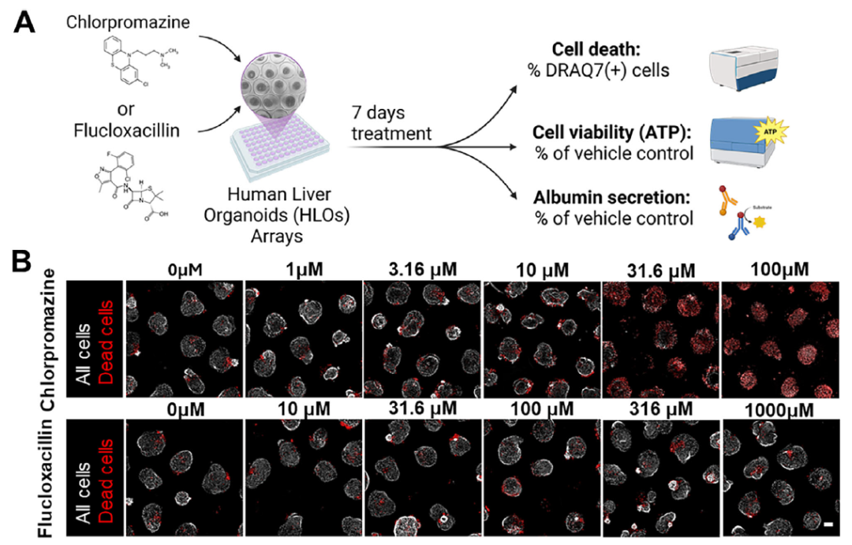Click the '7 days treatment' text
(392, 124)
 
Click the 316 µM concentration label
(660, 411)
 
